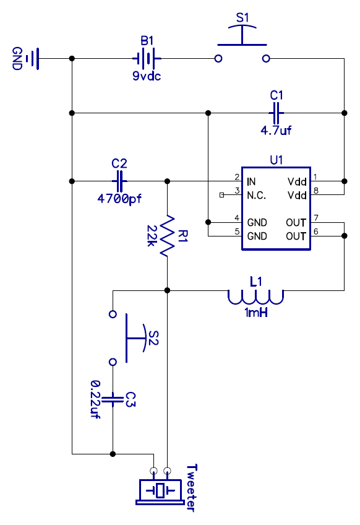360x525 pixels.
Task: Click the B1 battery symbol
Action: (147, 59)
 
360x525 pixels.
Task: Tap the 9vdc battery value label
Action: (147, 76)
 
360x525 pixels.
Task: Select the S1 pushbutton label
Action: (242, 18)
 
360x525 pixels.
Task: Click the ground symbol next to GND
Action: (33, 59)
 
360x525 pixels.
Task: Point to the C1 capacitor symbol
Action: (276, 113)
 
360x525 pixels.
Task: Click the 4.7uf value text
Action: (276, 130)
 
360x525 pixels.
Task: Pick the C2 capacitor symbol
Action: (119, 181)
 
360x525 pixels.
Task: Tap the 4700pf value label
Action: (119, 199)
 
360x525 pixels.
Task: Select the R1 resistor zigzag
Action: (167, 236)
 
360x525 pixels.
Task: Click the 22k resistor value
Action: (152, 236)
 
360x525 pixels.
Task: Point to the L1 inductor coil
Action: (255, 297)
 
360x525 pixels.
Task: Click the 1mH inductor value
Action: (256, 313)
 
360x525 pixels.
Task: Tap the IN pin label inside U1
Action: (251, 182)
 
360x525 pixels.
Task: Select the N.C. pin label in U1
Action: (257, 196)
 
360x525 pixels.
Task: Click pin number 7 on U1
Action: (316, 218)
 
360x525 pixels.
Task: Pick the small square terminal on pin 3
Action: (221, 195)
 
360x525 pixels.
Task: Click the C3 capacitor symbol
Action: (113, 399)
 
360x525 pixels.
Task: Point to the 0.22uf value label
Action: (96, 399)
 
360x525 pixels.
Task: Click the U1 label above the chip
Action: (276, 160)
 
